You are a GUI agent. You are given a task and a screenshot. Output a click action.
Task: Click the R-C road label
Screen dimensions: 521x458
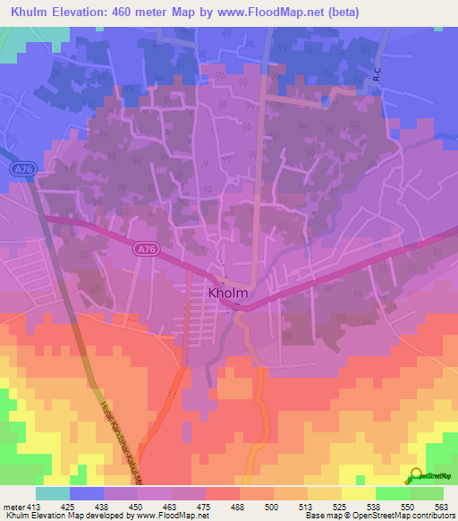coord(377,80)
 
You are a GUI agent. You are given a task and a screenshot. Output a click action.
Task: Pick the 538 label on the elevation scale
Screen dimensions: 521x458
coord(372,507)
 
